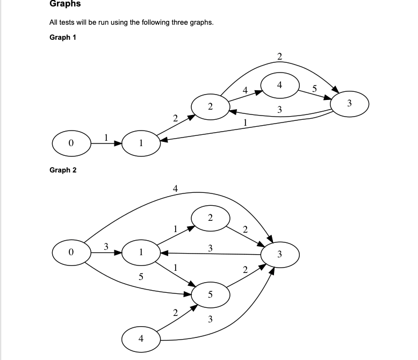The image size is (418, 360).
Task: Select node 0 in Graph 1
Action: pyautogui.click(x=71, y=143)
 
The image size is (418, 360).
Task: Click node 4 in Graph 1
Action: pyautogui.click(x=279, y=85)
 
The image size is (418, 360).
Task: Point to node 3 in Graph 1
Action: pyautogui.click(x=349, y=103)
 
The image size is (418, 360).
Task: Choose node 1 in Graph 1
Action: pyautogui.click(x=141, y=143)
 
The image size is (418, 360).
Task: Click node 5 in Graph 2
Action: pyautogui.click(x=210, y=294)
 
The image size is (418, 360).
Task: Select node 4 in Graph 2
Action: pyautogui.click(x=141, y=339)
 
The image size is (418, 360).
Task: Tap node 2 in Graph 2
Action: pyautogui.click(x=210, y=218)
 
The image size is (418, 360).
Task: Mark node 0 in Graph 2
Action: pyautogui.click(x=71, y=251)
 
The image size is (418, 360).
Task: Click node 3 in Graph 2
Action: pyautogui.click(x=279, y=253)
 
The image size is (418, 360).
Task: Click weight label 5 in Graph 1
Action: pyautogui.click(x=315, y=88)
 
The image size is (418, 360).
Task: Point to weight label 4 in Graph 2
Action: pyautogui.click(x=175, y=188)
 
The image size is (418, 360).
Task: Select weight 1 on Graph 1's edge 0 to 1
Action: pyautogui.click(x=106, y=137)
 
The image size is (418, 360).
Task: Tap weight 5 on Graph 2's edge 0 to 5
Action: pyautogui.click(x=141, y=277)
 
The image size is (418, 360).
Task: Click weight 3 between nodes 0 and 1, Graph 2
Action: pyautogui.click(x=106, y=246)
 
